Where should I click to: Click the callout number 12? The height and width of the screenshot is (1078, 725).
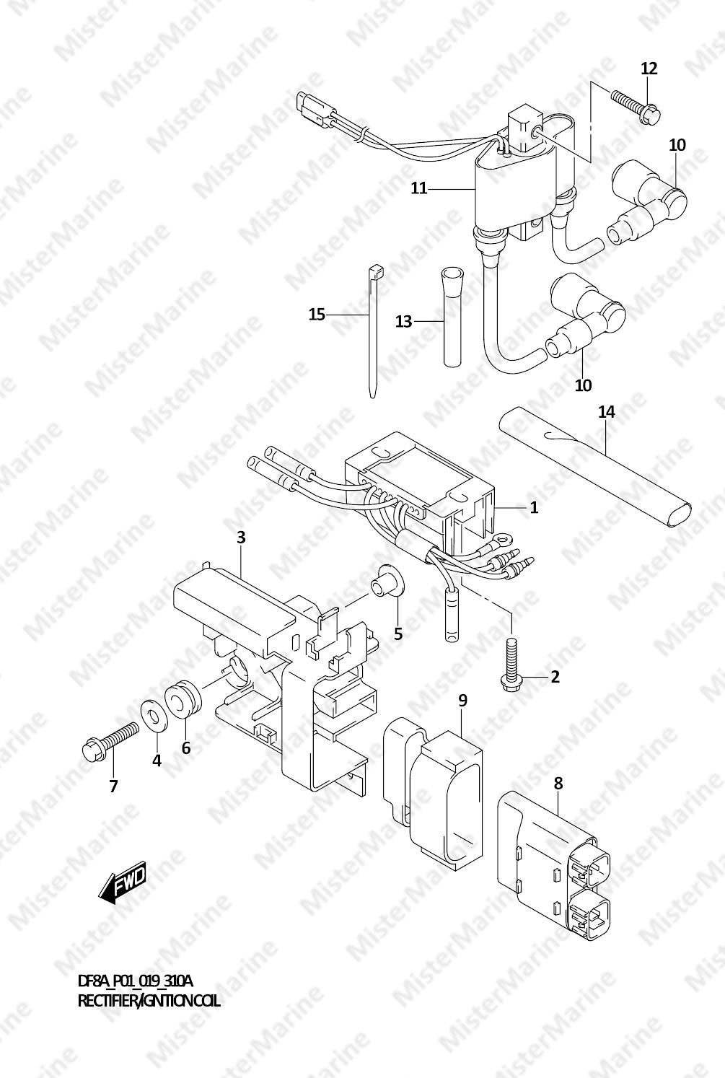click(x=649, y=69)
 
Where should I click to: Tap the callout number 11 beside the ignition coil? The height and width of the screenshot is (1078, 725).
click(x=419, y=188)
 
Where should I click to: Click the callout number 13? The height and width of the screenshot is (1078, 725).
click(x=404, y=321)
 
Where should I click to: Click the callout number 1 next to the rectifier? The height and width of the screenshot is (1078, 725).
click(x=534, y=507)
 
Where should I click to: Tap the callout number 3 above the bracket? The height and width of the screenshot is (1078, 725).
click(x=241, y=537)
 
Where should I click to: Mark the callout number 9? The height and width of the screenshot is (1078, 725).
click(x=462, y=700)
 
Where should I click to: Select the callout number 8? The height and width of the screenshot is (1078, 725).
click(x=558, y=784)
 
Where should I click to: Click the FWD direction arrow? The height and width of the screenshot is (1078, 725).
click(x=122, y=882)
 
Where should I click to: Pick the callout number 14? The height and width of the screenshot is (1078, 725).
click(x=607, y=411)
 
